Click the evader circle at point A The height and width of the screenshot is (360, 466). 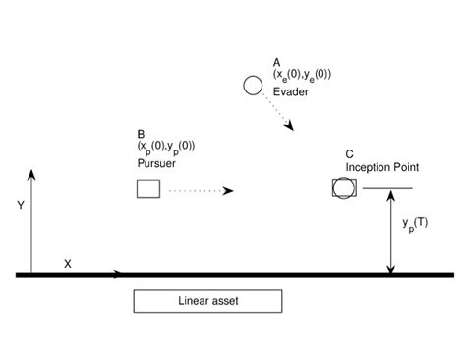pyautogui.click(x=253, y=87)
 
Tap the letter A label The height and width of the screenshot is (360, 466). pyautogui.click(x=277, y=61)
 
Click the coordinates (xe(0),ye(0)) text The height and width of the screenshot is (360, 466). pyautogui.click(x=302, y=75)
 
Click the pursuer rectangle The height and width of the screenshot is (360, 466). pyautogui.click(x=148, y=189)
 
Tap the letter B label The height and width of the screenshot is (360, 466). pyautogui.click(x=142, y=135)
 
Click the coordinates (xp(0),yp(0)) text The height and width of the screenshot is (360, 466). pyautogui.click(x=166, y=148)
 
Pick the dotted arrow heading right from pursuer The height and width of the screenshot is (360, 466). pyautogui.click(x=202, y=189)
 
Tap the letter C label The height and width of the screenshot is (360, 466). pyautogui.click(x=350, y=153)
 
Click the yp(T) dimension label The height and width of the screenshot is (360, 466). pyautogui.click(x=417, y=225)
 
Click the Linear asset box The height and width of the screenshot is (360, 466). pyautogui.click(x=207, y=301)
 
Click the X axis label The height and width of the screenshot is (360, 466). pyautogui.click(x=68, y=264)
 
